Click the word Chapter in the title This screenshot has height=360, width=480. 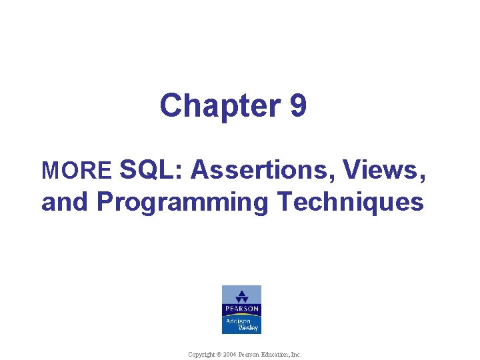click(207, 105)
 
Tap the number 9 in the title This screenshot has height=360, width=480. click(298, 105)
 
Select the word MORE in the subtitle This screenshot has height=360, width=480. click(76, 171)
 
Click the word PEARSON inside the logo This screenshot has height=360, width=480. click(241, 309)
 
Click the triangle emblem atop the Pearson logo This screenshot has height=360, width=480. click(241, 295)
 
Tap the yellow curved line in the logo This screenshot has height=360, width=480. click(241, 315)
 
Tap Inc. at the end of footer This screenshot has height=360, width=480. click(296, 355)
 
